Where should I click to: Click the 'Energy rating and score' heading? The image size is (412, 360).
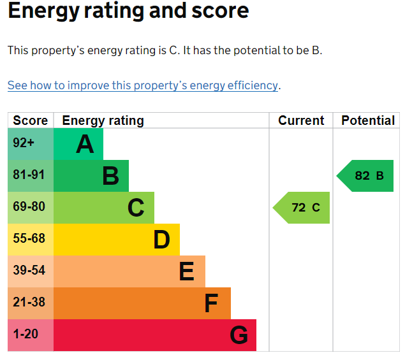click(x=128, y=11)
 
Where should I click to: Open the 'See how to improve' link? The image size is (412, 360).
click(x=143, y=85)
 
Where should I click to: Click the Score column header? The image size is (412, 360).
click(x=31, y=120)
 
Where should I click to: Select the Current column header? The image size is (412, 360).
click(x=301, y=120)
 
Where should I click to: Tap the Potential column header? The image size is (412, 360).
click(x=368, y=120)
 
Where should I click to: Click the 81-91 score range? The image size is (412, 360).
click(x=29, y=175)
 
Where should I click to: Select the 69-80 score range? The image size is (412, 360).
click(x=29, y=206)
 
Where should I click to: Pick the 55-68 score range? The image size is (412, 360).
click(x=29, y=238)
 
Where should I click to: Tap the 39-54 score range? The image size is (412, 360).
click(x=29, y=270)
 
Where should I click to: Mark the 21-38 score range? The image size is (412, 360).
click(x=29, y=302)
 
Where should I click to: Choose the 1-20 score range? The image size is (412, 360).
click(x=26, y=334)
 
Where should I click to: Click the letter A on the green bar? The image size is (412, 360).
click(x=85, y=144)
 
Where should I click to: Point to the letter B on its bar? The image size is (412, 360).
click(x=110, y=176)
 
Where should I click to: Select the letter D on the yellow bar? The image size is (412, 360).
click(x=161, y=240)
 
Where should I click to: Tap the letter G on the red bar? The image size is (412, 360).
click(x=239, y=335)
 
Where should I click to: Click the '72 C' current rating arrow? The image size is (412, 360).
click(x=301, y=208)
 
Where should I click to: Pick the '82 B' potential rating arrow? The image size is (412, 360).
click(x=365, y=176)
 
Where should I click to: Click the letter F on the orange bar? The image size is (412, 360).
click(x=211, y=303)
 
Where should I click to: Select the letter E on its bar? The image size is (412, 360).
click(x=187, y=271)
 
